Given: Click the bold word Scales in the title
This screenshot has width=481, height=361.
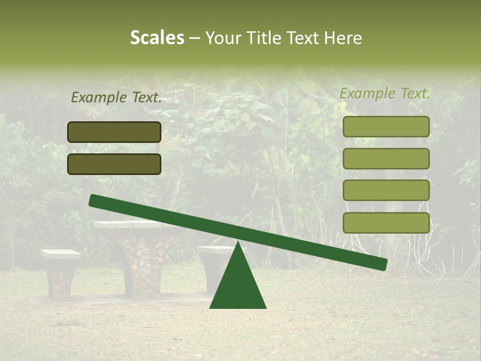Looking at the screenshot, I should (157, 38).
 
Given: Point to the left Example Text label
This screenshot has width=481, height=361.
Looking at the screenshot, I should (116, 98).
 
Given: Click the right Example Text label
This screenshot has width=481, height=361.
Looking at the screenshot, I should (385, 93).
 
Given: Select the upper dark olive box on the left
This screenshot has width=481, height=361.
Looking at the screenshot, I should (114, 132).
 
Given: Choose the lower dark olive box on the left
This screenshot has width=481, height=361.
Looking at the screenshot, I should (114, 164).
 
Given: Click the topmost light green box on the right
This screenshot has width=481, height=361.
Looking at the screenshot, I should (386, 126).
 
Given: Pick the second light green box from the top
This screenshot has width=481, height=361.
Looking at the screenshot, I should (386, 158).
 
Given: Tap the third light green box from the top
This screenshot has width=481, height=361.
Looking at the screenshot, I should (386, 191).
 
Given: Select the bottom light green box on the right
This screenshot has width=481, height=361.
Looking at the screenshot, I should (386, 223).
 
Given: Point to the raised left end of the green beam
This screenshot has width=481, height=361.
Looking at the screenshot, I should (95, 201).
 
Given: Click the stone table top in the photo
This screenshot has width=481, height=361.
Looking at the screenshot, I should (125, 225).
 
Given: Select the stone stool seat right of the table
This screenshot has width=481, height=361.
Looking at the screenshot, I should (213, 249).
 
